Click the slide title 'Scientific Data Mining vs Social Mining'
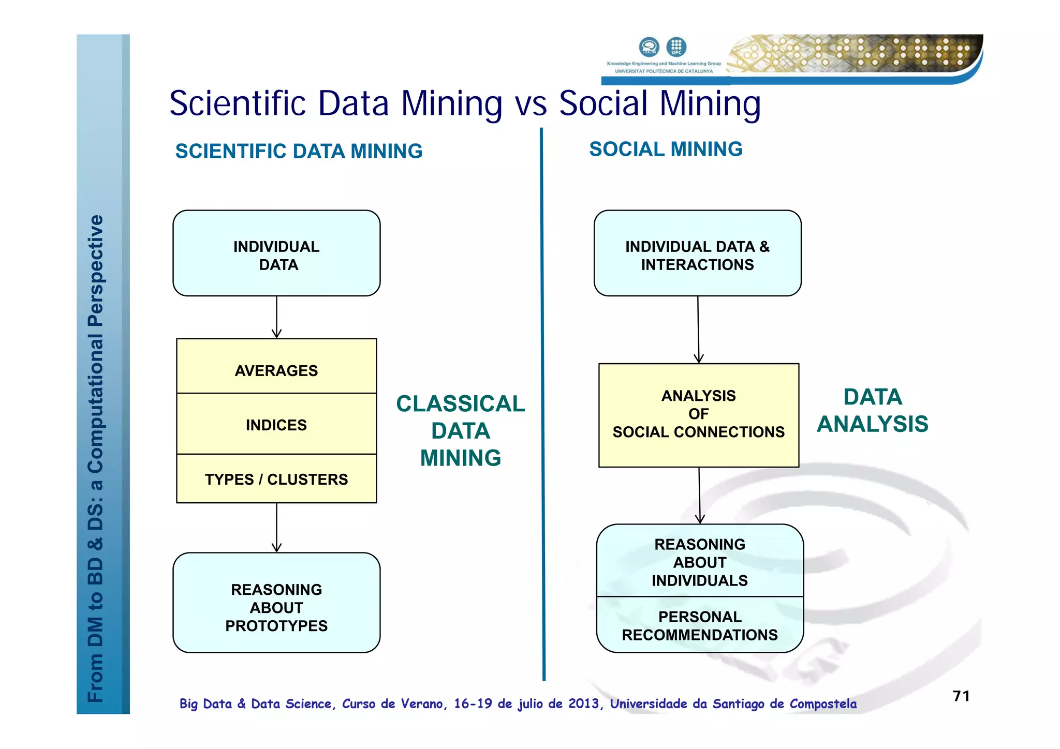(464, 103)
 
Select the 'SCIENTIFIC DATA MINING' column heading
(299, 151)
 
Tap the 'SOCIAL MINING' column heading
(666, 149)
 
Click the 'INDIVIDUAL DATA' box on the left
(276, 253)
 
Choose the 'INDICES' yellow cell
(276, 424)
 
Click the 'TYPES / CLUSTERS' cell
(276, 479)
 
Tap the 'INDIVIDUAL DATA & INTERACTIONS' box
(697, 253)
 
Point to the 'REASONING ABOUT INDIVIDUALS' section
(700, 562)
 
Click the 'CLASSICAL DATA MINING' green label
(460, 430)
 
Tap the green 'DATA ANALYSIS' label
(873, 410)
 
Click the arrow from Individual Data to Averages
(276, 317)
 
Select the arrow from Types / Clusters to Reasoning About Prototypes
(276, 528)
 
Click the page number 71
(961, 696)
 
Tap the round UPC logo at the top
(676, 47)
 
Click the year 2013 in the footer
(583, 703)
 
